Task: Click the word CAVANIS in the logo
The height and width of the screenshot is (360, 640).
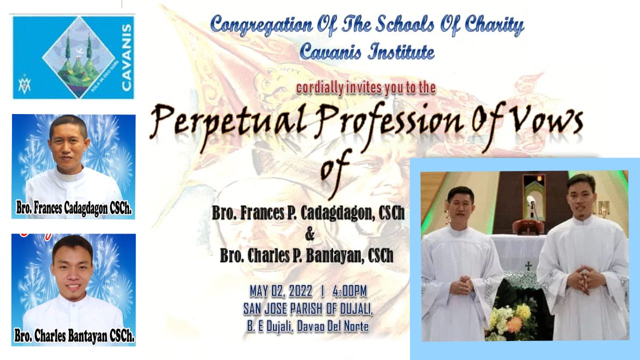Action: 125,57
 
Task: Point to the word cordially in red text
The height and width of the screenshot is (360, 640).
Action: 319,88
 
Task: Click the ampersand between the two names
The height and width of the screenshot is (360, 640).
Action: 309,234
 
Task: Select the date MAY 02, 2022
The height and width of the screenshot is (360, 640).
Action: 281,291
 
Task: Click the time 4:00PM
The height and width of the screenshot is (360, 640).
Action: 349,291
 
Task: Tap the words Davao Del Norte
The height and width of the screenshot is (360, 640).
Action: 332,326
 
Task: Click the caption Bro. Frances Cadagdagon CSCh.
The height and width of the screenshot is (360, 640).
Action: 73,208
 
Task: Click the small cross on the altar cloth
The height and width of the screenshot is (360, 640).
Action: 528,266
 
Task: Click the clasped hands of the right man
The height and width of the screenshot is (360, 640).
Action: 585,278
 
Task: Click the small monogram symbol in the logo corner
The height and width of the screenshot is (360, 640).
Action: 24,85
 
